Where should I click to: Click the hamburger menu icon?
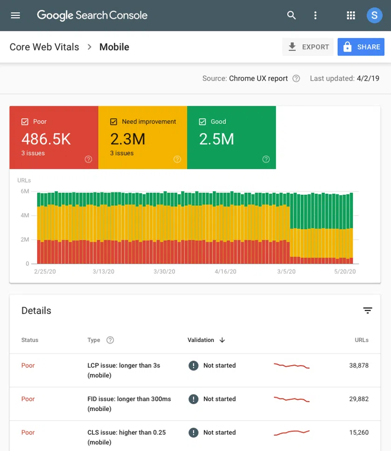(15, 15)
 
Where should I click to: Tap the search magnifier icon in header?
(292, 15)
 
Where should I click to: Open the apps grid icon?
(351, 15)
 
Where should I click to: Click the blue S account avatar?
(374, 15)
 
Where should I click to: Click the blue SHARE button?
(361, 47)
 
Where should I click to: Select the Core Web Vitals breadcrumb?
(44, 47)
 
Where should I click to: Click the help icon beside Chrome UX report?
(296, 78)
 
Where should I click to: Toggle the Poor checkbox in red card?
(25, 122)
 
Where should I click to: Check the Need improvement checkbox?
(113, 122)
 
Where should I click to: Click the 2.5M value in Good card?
(216, 139)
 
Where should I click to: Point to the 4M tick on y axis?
(25, 215)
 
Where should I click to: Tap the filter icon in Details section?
(368, 311)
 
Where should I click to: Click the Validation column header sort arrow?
(222, 340)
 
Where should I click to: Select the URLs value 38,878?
(359, 366)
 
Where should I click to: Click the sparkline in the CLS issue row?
(292, 433)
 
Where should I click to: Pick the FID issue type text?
(129, 403)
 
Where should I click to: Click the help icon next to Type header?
(110, 340)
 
